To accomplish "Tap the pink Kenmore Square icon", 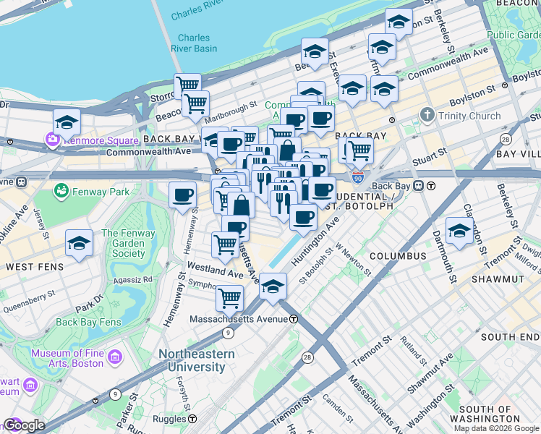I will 52,139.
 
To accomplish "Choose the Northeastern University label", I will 197,360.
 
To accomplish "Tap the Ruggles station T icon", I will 193,418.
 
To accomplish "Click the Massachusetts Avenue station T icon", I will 294,319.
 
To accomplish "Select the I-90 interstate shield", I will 357,176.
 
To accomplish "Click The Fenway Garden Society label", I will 128,244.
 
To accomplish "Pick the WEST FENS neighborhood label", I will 32,267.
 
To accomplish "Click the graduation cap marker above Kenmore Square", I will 67,122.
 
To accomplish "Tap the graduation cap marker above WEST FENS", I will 80,244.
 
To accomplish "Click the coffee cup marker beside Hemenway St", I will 182,194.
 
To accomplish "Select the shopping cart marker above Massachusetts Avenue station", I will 229,297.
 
